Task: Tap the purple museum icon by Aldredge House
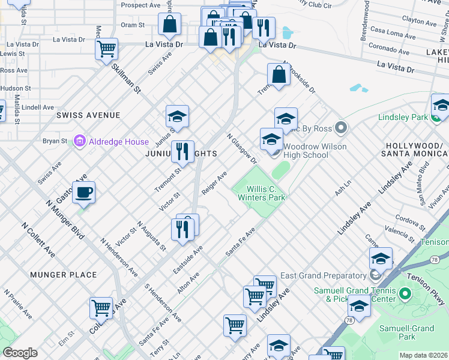(79, 142)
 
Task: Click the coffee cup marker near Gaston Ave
(84, 193)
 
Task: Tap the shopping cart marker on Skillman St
(106, 49)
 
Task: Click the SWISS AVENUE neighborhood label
(88, 115)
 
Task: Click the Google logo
(20, 353)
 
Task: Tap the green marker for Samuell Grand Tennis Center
(405, 295)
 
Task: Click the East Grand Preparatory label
(322, 276)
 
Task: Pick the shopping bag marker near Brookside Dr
(279, 75)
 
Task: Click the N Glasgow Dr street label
(241, 148)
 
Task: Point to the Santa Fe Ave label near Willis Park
(240, 242)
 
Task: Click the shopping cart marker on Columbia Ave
(101, 308)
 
